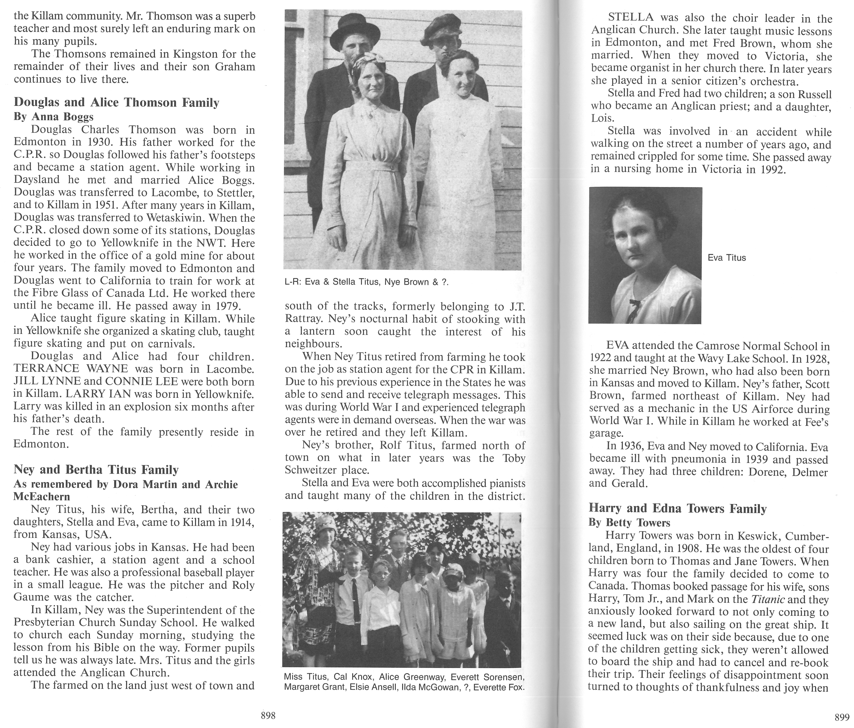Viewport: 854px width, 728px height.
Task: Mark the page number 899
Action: (842, 717)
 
